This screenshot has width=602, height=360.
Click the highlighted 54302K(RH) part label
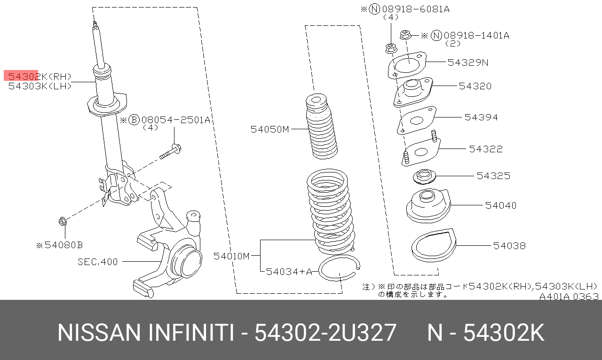(40, 77)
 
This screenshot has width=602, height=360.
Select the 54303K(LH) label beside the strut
(40, 86)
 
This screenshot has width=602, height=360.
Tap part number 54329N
(468, 63)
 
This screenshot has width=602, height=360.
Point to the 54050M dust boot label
(269, 129)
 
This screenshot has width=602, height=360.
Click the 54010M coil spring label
(232, 256)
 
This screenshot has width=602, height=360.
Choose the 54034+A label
(289, 272)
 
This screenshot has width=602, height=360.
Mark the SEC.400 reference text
(97, 262)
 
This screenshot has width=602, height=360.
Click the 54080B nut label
(60, 245)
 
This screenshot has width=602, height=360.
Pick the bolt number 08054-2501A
(175, 120)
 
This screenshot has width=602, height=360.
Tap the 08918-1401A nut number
(476, 35)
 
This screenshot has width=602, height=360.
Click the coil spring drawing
(331, 211)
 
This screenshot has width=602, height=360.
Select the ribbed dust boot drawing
(321, 126)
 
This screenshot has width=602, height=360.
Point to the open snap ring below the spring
(339, 268)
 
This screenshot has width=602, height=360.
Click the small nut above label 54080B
(63, 222)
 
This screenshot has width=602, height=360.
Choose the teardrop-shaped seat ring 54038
(434, 245)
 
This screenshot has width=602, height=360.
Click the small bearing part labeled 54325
(424, 177)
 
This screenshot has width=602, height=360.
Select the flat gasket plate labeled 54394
(417, 120)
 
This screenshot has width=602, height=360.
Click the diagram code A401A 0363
(569, 297)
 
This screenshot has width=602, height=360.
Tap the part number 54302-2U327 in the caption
(325, 333)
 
